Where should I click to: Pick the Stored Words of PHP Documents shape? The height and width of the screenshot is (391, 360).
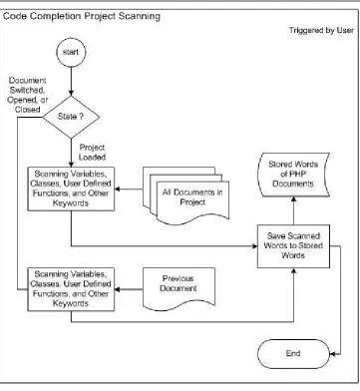click(293, 175)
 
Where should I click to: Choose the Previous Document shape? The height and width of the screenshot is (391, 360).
click(179, 288)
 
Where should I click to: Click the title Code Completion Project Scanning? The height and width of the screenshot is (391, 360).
click(82, 16)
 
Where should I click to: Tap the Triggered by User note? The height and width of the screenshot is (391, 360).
click(321, 30)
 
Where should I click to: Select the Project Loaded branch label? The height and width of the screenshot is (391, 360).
click(92, 153)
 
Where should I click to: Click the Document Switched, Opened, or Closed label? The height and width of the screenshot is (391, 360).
click(28, 95)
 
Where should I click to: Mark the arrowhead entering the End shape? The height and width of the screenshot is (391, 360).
click(333, 354)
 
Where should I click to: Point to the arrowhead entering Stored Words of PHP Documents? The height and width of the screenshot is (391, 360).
click(293, 199)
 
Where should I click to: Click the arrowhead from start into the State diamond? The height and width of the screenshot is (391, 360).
click(71, 93)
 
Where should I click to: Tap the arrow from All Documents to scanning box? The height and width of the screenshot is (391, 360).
click(129, 190)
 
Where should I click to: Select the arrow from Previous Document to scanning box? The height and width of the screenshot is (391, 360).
click(129, 289)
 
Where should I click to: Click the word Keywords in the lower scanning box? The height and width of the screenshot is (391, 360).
click(71, 303)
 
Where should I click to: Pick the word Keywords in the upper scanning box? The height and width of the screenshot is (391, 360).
click(71, 202)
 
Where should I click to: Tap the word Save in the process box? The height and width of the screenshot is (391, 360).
click(274, 235)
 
